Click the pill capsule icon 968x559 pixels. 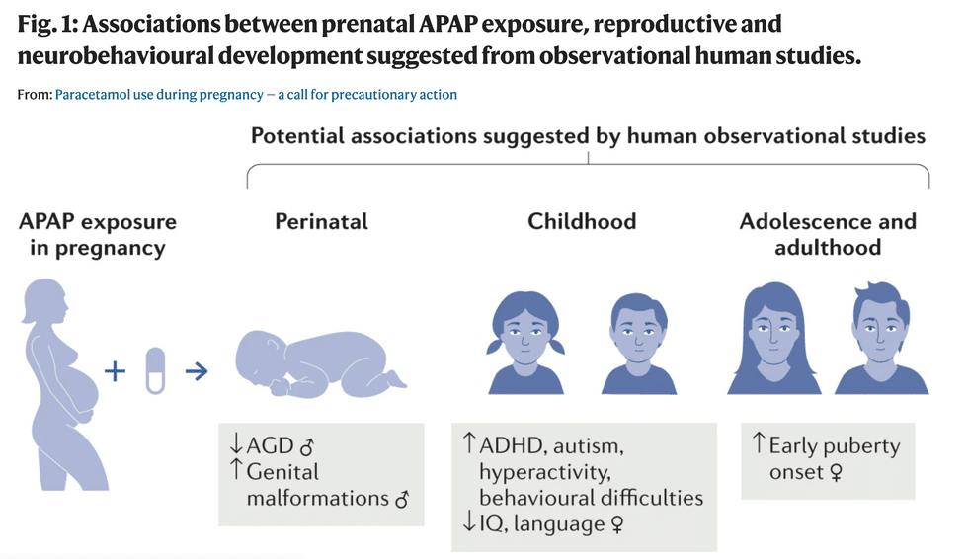coord(155,371)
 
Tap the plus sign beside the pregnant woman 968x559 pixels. coord(117,371)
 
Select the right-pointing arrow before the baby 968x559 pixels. coord(197,371)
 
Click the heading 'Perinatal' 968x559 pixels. coord(321,221)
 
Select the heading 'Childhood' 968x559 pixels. coord(582,221)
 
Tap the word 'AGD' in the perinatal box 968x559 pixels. coord(271,446)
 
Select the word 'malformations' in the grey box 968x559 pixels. coord(317,498)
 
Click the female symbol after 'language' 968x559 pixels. coord(617,523)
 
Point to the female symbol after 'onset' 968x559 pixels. coord(835,473)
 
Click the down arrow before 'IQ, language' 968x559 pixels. coord(468,522)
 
